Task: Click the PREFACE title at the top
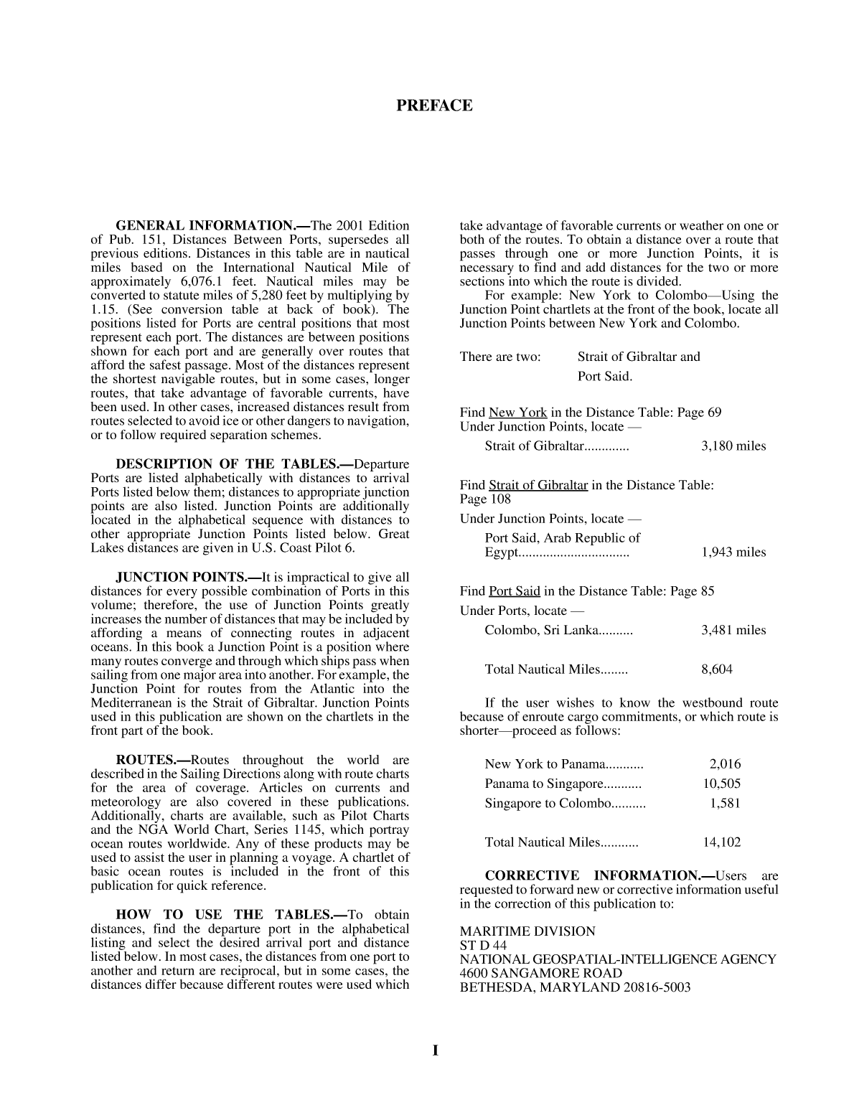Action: pyautogui.click(x=434, y=106)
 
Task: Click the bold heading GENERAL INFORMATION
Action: pyautogui.click(x=205, y=225)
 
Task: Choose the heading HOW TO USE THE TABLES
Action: pyautogui.click(x=232, y=915)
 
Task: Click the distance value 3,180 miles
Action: pyautogui.click(x=733, y=446)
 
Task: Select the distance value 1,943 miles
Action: pyautogui.click(x=733, y=552)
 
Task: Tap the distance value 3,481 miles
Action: pyautogui.click(x=733, y=631)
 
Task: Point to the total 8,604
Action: pyautogui.click(x=716, y=669)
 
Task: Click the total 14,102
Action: pyautogui.click(x=721, y=842)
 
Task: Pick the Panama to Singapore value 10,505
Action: pyautogui.click(x=721, y=784)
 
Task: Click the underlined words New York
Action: pyautogui.click(x=517, y=413)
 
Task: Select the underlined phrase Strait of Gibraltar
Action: pyautogui.click(x=538, y=485)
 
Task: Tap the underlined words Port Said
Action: pyautogui.click(x=514, y=591)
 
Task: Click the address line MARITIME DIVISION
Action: pyautogui.click(x=527, y=931)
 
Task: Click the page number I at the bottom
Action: pyautogui.click(x=435, y=1051)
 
